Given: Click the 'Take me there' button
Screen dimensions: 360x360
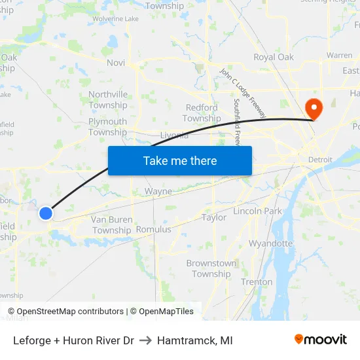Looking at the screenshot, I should coord(180,160).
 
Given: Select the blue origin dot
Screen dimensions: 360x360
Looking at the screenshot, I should coord(45,213).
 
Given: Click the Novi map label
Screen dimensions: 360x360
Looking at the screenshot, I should coord(115,62).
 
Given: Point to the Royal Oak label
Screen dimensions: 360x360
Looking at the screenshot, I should coord(274,57).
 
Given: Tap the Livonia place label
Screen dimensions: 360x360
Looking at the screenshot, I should coord(174,135).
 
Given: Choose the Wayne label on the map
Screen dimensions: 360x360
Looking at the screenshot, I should coord(158,192).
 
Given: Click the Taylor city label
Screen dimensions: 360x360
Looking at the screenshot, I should coord(214,217).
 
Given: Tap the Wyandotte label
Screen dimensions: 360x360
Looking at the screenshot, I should coord(270,243).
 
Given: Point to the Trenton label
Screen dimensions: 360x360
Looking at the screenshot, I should coord(257,282).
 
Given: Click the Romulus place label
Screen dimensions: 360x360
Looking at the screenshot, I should coord(153,230).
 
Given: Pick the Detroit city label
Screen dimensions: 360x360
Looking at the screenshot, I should coord(321,160).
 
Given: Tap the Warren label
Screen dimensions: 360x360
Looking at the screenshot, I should coord(339,56).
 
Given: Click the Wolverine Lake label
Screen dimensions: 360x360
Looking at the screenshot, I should coord(115,19).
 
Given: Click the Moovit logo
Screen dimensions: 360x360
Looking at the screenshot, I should coord(321,339).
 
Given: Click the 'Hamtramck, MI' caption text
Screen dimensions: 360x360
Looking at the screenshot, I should coord(194,340).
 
